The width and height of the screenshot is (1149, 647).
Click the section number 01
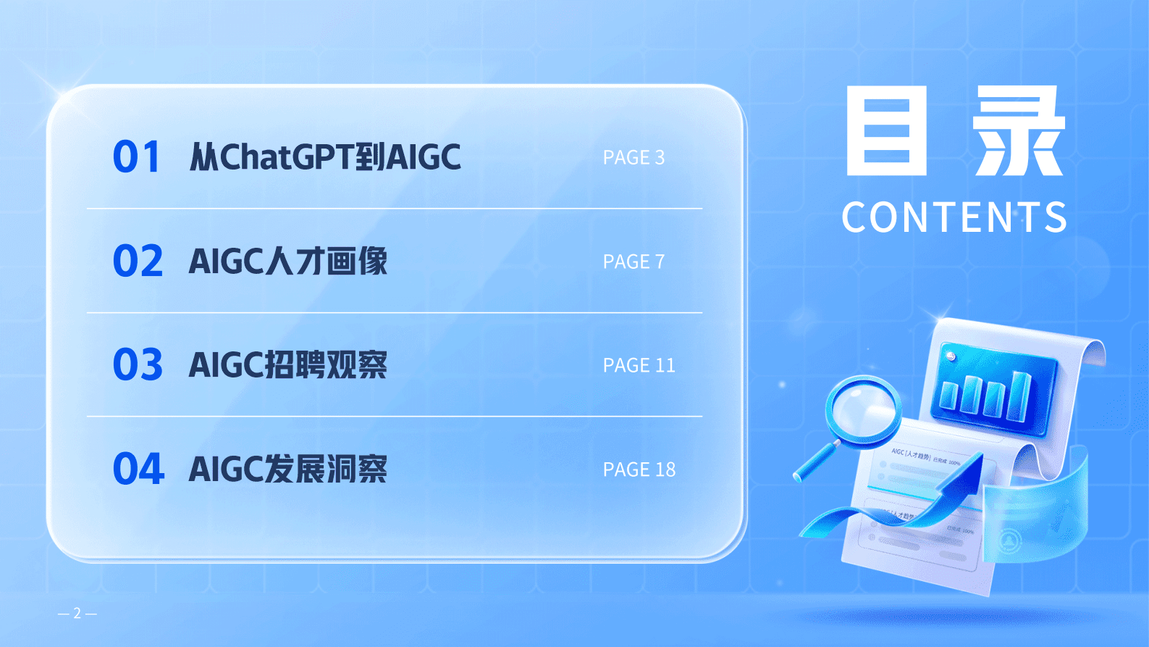(136, 157)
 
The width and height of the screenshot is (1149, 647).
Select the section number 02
(138, 262)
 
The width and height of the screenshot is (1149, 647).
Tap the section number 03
(138, 365)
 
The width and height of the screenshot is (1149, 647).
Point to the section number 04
(138, 469)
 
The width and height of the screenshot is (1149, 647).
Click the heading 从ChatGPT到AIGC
(325, 157)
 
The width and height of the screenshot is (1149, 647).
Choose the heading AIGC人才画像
(288, 262)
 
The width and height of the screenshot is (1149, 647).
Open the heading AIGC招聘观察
(288, 365)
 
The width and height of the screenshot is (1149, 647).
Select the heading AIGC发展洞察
(288, 469)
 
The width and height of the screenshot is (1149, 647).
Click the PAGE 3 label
(634, 158)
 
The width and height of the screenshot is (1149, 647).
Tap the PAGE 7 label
(634, 262)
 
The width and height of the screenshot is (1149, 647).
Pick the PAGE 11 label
(639, 366)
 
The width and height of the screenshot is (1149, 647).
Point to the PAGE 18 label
(639, 470)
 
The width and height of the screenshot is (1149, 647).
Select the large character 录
(1019, 131)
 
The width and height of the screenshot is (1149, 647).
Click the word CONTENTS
(954, 217)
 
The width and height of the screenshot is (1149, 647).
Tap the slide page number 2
(77, 614)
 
